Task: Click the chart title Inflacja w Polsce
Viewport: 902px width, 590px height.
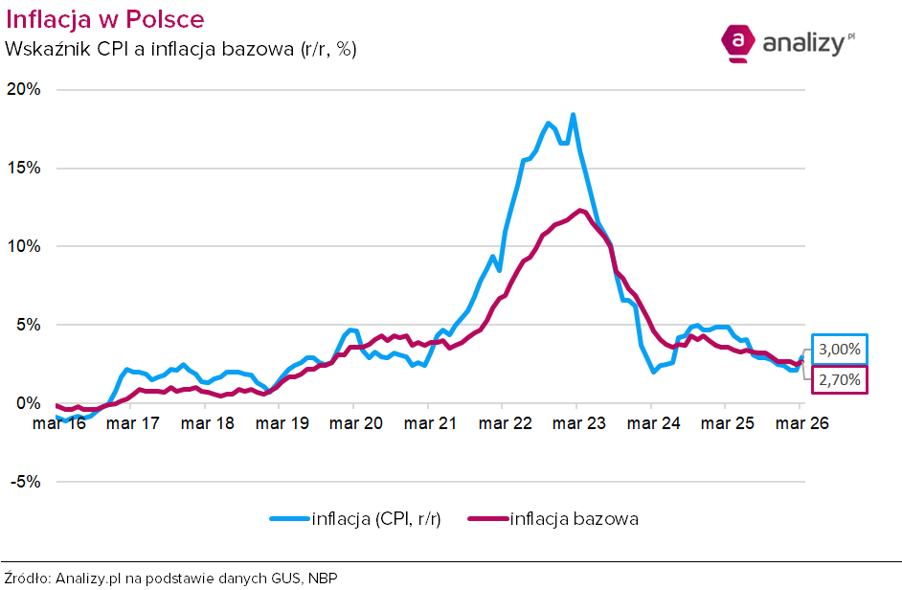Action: tap(104, 19)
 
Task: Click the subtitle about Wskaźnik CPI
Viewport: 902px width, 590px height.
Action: tap(181, 49)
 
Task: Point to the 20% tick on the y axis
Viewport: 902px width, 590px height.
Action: tap(23, 90)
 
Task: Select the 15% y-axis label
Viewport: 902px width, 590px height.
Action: tap(23, 169)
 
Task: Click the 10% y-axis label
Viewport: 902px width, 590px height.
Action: tap(23, 247)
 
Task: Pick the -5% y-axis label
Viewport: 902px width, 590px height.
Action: tap(25, 482)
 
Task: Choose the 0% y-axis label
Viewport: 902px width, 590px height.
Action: tap(27, 403)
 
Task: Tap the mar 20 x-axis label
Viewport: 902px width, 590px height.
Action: tap(353, 423)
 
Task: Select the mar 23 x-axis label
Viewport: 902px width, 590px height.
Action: tap(576, 423)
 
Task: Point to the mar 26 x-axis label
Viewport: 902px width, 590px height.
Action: tap(800, 423)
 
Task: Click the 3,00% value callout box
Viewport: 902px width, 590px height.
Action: tap(840, 350)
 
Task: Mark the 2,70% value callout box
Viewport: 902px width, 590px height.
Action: tap(840, 380)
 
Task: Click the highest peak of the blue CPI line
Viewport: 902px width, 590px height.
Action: tap(573, 115)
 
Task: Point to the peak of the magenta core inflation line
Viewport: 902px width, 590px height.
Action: tap(579, 210)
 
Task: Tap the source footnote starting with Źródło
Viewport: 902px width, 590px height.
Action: tap(171, 578)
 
